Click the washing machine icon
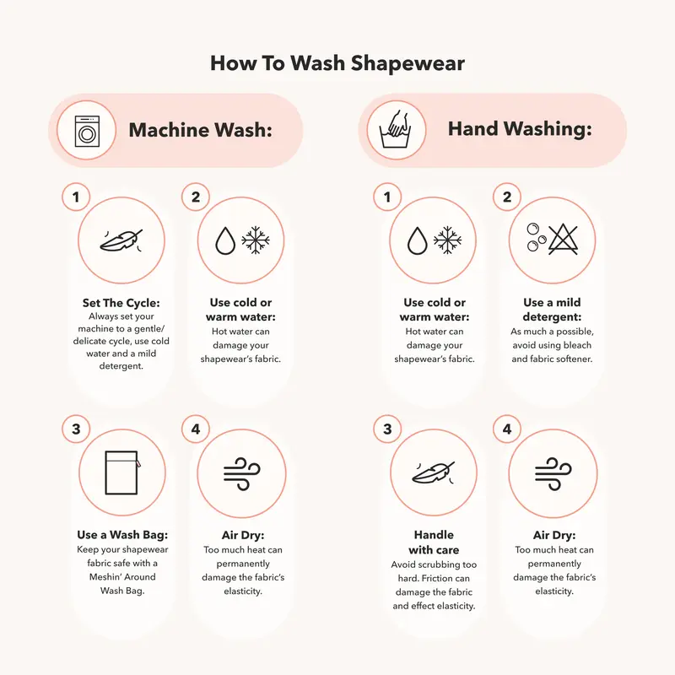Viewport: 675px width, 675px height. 87,131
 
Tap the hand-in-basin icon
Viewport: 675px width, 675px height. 396,130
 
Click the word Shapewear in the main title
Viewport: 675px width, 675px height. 408,63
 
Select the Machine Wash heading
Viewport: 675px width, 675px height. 201,130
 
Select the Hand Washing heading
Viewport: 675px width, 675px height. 520,129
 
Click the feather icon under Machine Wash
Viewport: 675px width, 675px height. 121,240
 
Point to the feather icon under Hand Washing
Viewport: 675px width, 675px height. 434,472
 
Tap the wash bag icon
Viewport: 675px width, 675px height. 122,472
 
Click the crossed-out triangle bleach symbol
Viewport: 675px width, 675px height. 563,240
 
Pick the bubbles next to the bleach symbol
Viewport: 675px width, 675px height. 536,237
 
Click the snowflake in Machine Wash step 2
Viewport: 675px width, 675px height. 256,240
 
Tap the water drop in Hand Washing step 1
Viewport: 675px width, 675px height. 417,240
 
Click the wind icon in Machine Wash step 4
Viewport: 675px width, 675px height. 242,474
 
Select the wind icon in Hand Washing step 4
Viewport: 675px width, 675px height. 553,474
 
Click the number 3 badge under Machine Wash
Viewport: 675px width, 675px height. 76,429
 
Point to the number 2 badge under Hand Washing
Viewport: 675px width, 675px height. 507,197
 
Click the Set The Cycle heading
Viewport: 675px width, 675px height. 121,303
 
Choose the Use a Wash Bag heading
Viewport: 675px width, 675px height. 122,535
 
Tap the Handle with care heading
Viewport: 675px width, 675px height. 434,543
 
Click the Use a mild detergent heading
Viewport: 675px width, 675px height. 552,310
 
